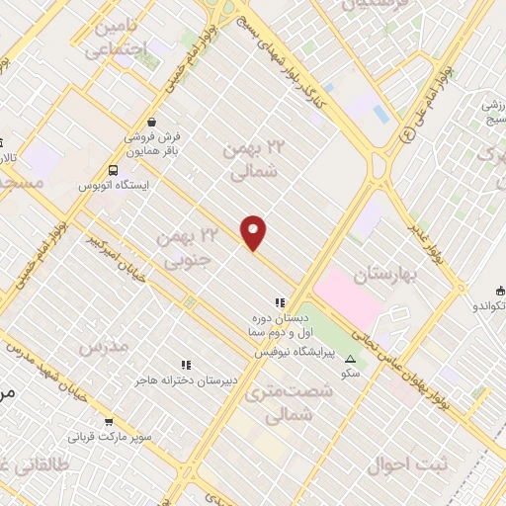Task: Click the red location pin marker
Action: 254,232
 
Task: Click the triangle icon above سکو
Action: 348,360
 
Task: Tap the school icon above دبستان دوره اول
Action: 280,302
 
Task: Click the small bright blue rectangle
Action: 381,115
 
